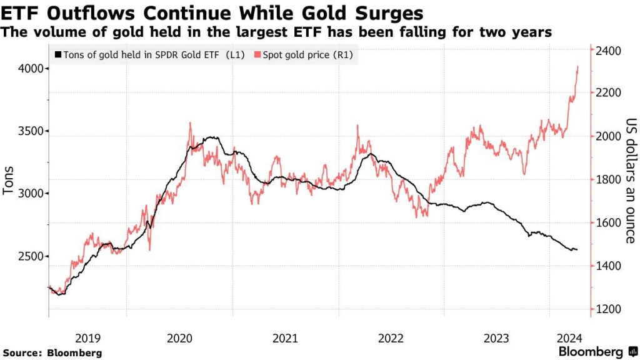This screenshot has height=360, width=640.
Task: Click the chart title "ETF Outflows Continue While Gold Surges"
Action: point(213,13)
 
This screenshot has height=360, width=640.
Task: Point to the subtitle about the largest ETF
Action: point(277,32)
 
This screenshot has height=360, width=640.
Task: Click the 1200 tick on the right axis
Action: point(607,309)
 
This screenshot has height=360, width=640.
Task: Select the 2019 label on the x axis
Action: point(87,338)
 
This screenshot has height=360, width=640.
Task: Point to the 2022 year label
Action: point(391,338)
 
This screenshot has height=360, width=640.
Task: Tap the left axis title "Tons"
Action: point(9,181)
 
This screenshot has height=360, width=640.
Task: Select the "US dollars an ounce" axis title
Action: point(630,181)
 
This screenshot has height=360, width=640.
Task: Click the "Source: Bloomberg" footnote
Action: point(52,352)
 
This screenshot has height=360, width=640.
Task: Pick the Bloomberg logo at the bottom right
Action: point(595,351)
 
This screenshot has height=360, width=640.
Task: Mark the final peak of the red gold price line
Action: point(577,66)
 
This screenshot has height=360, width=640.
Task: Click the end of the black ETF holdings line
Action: point(577,250)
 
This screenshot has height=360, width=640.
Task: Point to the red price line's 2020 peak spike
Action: point(190,123)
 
